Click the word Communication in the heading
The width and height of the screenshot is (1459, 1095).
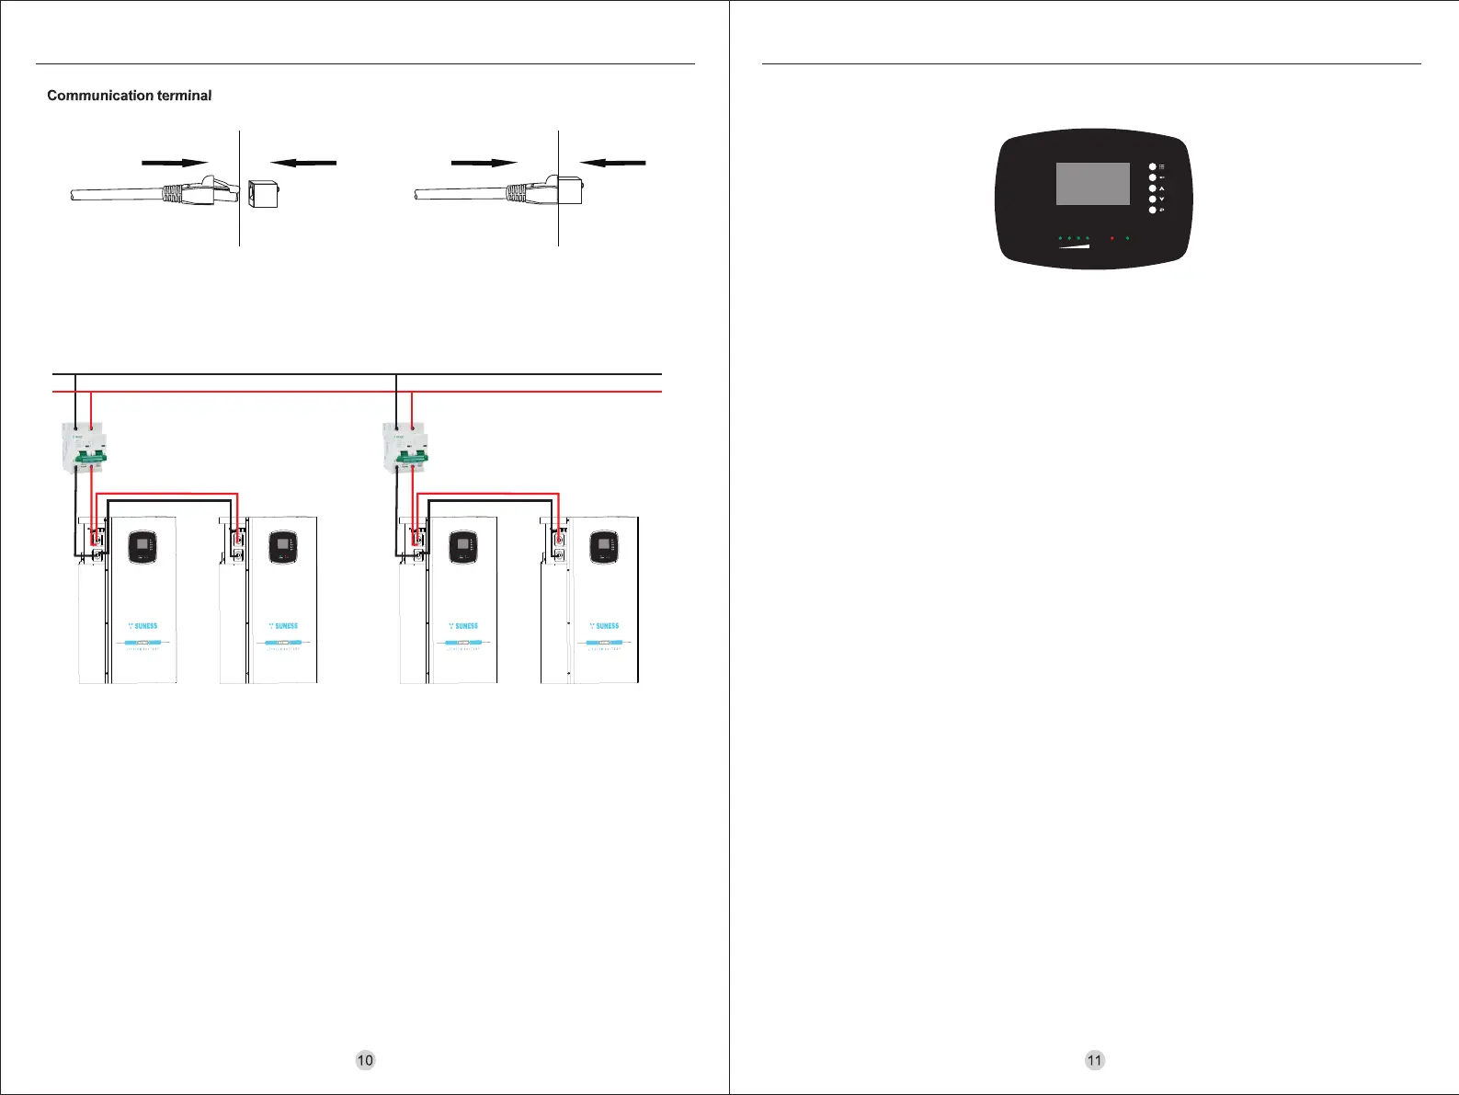[100, 96]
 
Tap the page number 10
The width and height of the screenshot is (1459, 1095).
[365, 1060]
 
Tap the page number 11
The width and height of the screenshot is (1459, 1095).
[1094, 1060]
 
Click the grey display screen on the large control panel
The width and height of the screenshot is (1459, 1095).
[1092, 184]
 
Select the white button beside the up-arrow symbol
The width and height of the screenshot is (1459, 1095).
[1152, 188]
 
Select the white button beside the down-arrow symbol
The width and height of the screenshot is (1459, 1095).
[1152, 199]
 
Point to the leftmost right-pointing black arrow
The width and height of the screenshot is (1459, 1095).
[175, 163]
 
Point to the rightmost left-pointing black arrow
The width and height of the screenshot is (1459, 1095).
[613, 163]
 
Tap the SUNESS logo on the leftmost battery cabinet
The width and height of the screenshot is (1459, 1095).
[143, 626]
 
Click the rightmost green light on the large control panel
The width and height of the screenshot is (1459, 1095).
[1127, 238]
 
